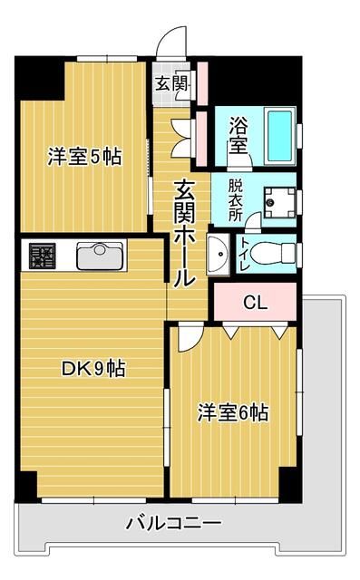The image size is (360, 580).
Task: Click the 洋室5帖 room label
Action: coord(84,155)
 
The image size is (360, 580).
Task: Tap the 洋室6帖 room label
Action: coord(233,413)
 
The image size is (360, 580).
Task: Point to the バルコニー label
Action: coord(173,523)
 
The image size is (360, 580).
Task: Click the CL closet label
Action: coord(255,303)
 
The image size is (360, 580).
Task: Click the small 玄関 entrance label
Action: coord(170,84)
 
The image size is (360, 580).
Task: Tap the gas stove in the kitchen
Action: coord(42,256)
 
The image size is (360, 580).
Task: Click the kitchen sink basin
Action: coord(100,257)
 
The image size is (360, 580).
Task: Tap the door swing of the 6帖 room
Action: coord(188,338)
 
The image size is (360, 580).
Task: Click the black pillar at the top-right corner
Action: coord(290,71)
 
